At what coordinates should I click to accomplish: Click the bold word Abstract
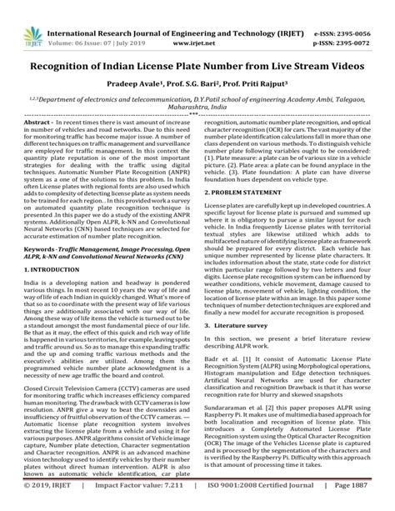[x=41, y=122]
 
